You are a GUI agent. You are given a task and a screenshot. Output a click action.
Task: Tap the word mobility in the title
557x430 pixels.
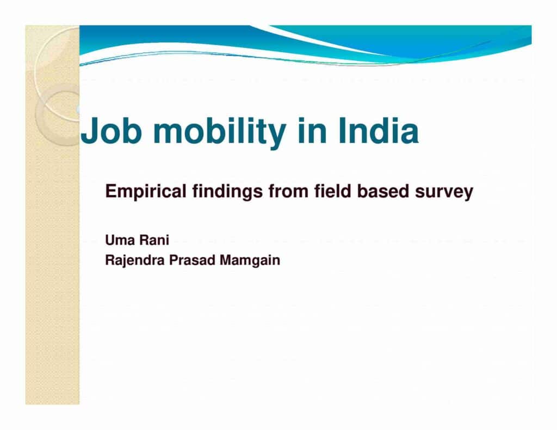pos(220,132)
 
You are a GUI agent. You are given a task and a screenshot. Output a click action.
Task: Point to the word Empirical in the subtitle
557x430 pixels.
pos(146,192)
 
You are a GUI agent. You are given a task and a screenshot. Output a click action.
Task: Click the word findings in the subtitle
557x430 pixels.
pos(228,192)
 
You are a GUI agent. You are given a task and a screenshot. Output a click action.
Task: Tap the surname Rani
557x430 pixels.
pos(154,240)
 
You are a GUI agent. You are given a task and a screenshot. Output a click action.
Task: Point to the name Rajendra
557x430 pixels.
pos(135,260)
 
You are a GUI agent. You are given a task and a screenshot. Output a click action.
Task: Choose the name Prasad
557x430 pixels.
pos(192,260)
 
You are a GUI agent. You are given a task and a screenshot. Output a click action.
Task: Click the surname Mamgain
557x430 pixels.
pos(250,260)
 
